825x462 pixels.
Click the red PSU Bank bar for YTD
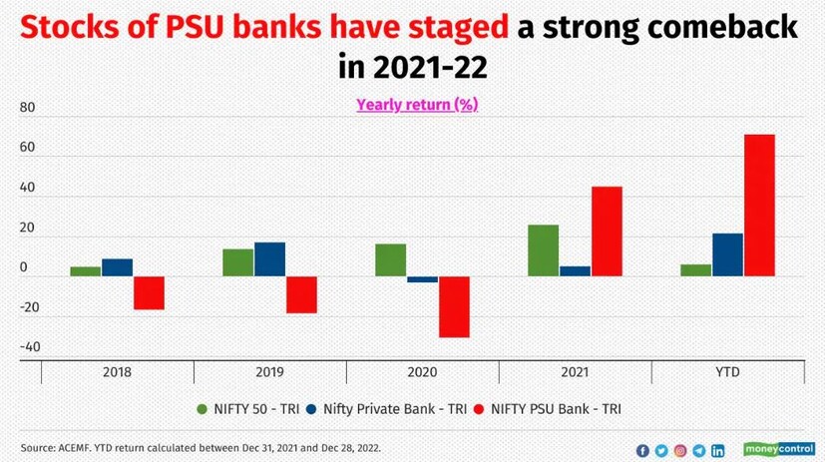point(759,205)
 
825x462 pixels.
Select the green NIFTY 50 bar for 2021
point(543,250)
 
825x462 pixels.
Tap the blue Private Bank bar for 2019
point(269,259)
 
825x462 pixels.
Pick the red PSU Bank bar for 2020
point(454,306)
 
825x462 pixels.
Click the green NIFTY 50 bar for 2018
point(85,271)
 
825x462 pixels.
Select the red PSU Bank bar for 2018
point(149,292)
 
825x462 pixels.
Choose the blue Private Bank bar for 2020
point(422,279)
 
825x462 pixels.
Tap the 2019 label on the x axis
point(269,372)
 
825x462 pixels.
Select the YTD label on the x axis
point(727,372)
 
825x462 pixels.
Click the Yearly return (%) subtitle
point(417,104)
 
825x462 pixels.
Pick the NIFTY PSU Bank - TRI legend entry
point(557,408)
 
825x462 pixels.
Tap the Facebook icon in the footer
point(642,450)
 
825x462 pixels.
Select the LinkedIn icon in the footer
point(718,450)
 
